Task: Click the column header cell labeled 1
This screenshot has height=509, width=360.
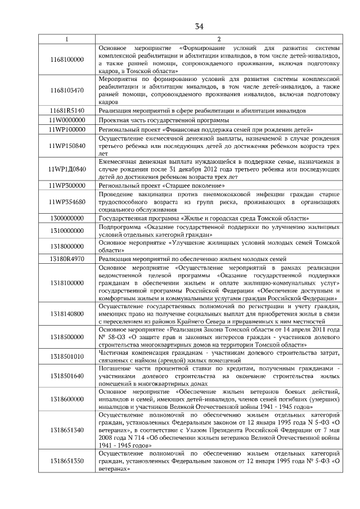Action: click(67, 39)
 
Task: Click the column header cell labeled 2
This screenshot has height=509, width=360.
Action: click(219, 39)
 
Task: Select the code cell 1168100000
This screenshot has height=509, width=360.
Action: click(67, 60)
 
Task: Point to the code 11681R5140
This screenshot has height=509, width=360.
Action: click(67, 111)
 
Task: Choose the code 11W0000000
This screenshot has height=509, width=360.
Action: click(67, 120)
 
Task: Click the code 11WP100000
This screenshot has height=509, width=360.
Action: click(67, 129)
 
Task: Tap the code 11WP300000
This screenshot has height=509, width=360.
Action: click(67, 185)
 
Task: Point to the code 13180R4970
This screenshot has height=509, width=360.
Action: click(67, 259)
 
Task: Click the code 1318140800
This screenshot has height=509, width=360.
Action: click(67, 313)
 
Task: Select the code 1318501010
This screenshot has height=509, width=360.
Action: click(67, 356)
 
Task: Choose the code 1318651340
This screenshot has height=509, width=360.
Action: click(67, 430)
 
